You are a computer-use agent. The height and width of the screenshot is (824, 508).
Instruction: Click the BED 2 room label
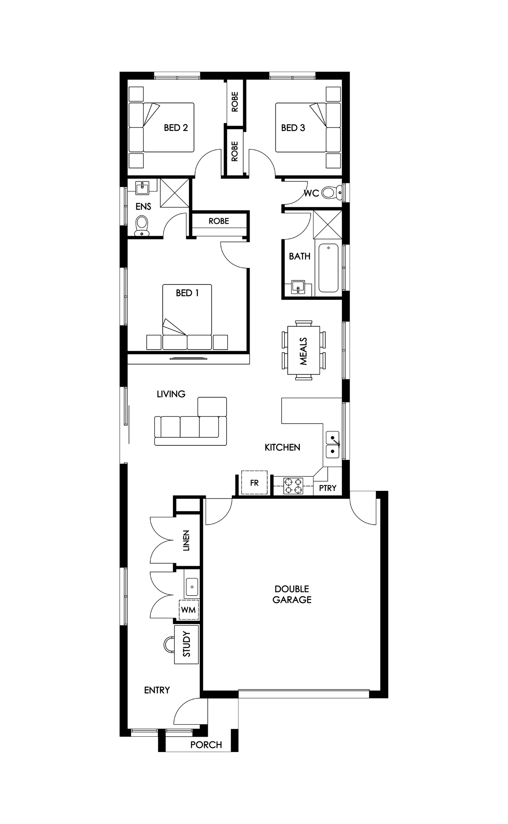pos(176,128)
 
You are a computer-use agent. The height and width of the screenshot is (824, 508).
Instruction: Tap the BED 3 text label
pos(293,128)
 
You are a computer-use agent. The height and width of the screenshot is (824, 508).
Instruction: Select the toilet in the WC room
pos(332,193)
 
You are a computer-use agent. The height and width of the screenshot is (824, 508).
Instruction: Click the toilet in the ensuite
pos(141,226)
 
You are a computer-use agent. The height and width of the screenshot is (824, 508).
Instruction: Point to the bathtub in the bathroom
pos(328,268)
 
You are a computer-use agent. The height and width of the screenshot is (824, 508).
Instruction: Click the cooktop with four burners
pos(293,486)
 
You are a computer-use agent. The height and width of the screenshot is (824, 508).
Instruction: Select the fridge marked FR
pos(254,483)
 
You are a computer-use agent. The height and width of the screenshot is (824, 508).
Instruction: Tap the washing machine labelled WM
pos(188,610)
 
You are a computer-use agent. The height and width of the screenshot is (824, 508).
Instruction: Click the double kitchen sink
pos(332,445)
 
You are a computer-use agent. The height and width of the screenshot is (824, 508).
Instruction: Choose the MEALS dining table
pos(303,350)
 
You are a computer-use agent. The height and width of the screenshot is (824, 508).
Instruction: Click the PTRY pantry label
pos(328,488)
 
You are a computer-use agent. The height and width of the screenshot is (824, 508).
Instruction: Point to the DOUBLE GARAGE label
pos(292,594)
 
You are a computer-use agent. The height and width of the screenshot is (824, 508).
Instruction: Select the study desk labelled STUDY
pos(186,644)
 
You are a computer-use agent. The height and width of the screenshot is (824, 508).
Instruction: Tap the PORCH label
pos(206,745)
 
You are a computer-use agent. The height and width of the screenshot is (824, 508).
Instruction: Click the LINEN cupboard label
pos(186,540)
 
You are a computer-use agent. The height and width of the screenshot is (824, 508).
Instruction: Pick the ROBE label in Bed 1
pos(219,221)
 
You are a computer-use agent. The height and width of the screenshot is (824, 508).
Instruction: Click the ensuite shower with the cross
pos(174,193)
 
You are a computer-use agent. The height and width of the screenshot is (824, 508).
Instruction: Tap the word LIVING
pos(171,394)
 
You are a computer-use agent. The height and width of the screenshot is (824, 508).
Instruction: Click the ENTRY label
pos(157,690)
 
